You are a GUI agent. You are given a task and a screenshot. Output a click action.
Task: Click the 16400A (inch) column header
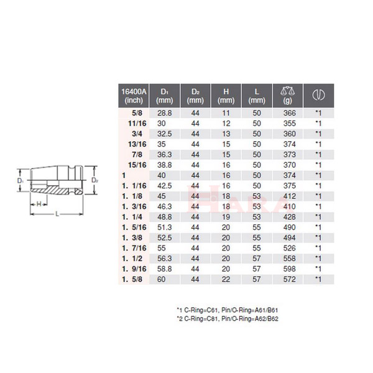[x=134, y=96]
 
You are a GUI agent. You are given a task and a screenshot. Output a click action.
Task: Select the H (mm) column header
[x=226, y=96]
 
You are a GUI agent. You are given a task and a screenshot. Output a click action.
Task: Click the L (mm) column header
[x=257, y=96]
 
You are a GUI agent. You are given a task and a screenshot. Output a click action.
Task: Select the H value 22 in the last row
[x=226, y=279]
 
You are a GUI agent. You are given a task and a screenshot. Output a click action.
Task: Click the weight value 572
[x=287, y=279]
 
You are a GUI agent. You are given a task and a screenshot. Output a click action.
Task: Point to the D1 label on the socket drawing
[x=21, y=180]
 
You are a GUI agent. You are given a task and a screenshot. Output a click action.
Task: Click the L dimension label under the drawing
[x=57, y=213]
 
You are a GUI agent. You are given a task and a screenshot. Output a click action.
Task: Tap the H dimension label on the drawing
[x=39, y=203]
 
